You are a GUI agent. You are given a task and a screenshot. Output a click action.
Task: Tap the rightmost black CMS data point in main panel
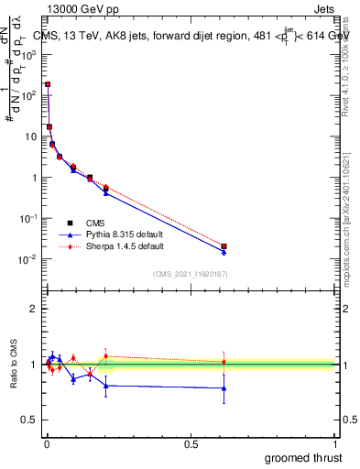pyautogui.click(x=224, y=246)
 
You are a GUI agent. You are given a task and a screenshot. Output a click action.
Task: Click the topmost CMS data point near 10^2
pyautogui.click(x=48, y=84)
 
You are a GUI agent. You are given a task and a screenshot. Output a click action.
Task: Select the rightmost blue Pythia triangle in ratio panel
pyautogui.click(x=224, y=388)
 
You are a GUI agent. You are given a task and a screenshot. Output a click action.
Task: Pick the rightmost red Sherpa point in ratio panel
pyautogui.click(x=224, y=362)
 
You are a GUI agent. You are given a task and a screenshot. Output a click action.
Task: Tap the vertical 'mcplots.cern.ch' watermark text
pyautogui.click(x=350, y=229)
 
